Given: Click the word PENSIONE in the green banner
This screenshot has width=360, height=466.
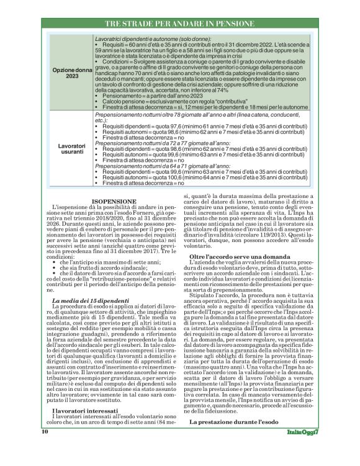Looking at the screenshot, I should (x=228, y=24).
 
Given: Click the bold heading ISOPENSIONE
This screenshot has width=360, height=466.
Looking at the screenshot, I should (x=113, y=202).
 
